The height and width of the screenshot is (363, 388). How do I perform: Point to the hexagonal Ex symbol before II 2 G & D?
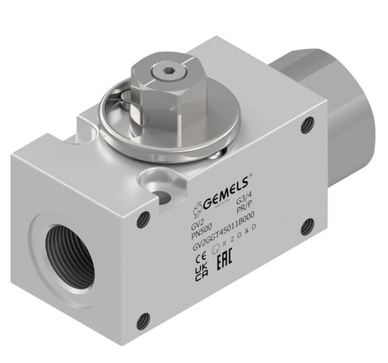tap(217, 255)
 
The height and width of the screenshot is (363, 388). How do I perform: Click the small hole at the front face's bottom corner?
tap(142, 318)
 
